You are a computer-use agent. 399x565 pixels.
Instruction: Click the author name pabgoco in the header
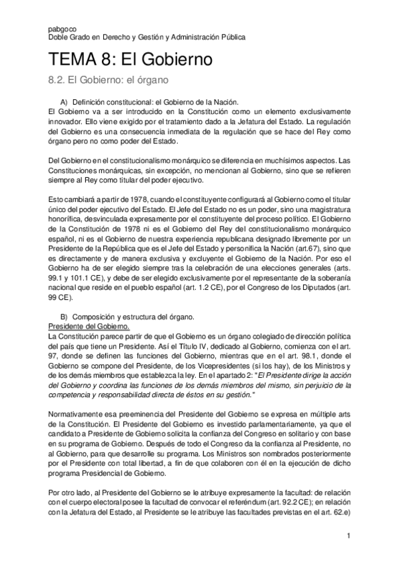[63, 29]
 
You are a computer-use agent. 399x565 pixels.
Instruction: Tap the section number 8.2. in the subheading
[60, 80]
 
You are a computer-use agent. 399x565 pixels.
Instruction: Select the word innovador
[66, 123]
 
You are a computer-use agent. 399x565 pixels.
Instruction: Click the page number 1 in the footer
[349, 536]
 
